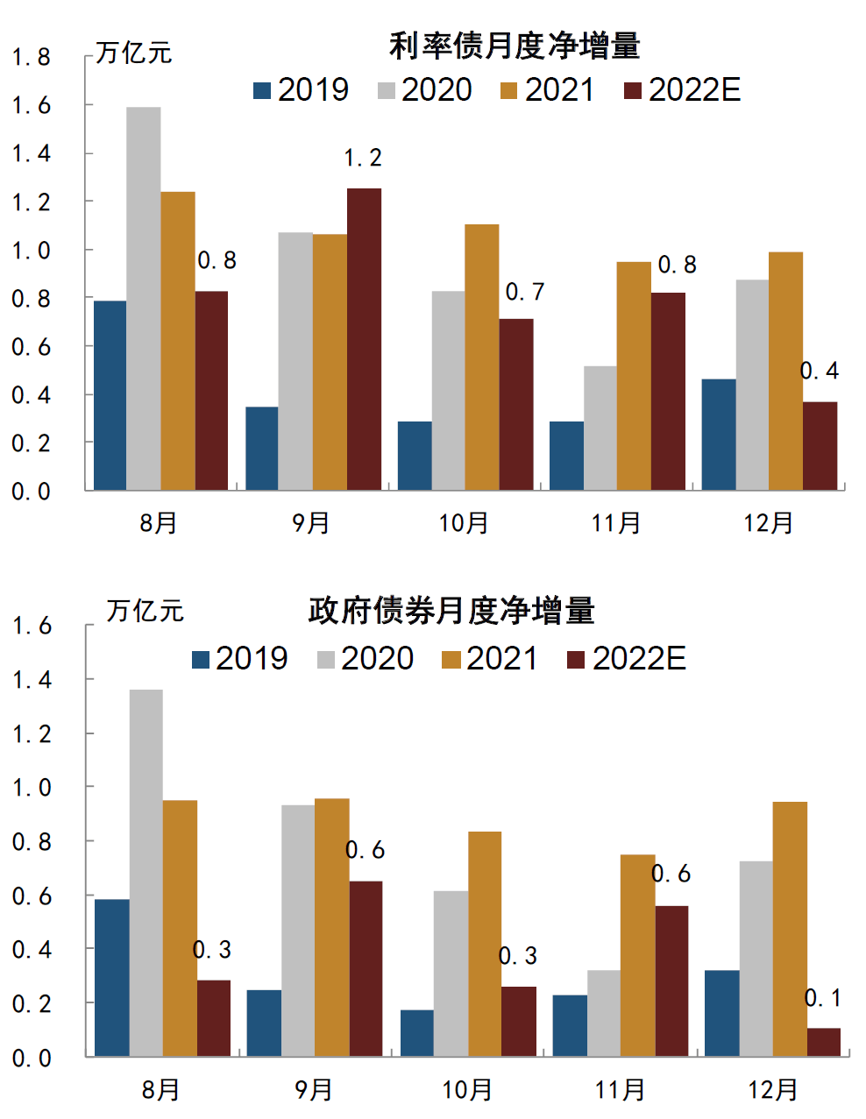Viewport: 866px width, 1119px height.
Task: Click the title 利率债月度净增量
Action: click(515, 46)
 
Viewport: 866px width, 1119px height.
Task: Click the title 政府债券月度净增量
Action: click(451, 611)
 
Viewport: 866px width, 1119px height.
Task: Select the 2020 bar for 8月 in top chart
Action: click(144, 298)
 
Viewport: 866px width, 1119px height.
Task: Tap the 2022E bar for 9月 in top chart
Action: click(364, 338)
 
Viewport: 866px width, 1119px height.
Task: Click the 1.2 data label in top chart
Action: click(363, 158)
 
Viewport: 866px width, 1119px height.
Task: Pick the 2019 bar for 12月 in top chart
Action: click(718, 434)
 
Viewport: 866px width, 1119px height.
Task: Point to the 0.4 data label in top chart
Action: click(820, 371)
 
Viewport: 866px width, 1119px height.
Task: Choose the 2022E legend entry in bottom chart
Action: click(626, 658)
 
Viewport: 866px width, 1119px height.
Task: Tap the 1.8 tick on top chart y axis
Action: click(31, 58)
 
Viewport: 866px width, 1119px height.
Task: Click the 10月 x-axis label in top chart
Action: click(464, 523)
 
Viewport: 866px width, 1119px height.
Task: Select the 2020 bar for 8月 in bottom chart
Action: click(146, 872)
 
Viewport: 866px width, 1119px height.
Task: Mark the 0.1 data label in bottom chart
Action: click(823, 997)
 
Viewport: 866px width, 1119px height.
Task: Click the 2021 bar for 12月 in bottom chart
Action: click(790, 929)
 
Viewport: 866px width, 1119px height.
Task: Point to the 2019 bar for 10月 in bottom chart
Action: click(416, 1033)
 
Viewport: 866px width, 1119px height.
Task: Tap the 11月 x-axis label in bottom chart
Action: click(620, 1089)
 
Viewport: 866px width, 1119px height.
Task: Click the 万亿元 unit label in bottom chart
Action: click(145, 611)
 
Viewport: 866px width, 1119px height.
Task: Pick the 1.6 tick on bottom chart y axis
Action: click(31, 627)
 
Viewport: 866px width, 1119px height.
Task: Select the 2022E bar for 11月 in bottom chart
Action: click(671, 981)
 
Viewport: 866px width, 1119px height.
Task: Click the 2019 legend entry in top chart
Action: click(301, 89)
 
